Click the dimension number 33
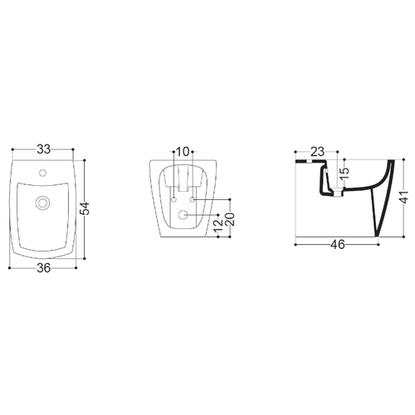(44, 149)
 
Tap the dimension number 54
(85, 208)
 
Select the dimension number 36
(44, 268)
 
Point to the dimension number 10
(183, 152)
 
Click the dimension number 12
(218, 225)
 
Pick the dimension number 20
(230, 219)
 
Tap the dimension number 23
(317, 152)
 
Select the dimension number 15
(344, 173)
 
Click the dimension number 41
(404, 197)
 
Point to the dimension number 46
(338, 245)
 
